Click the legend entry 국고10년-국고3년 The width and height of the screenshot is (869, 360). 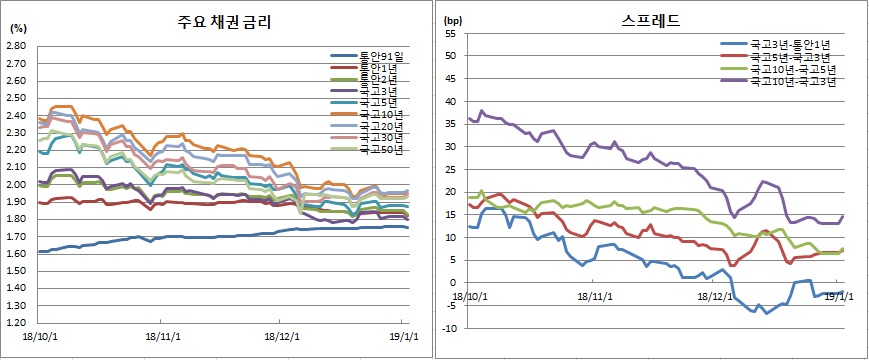791,82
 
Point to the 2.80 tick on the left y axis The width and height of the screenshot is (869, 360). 18,46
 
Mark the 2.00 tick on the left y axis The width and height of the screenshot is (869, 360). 18,185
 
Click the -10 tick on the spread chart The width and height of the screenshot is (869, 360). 448,328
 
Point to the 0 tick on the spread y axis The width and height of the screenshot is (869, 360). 453,282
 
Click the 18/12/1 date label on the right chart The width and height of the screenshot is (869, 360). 716,296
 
